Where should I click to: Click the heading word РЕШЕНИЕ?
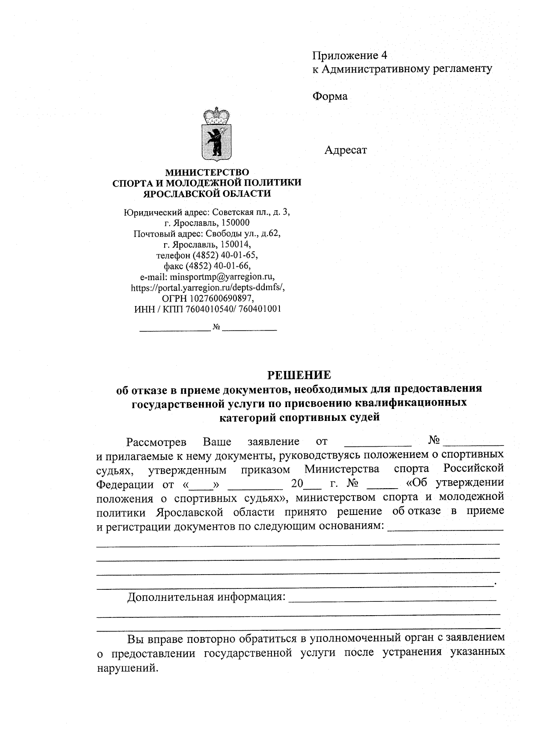tap(299, 374)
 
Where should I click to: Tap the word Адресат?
tap(345, 150)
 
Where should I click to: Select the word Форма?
tap(330, 96)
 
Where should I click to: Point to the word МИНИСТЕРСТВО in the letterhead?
tap(207, 172)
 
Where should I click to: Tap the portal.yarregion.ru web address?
tap(208, 287)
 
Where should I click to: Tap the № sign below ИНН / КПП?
tap(217, 327)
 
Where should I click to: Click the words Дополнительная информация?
tap(206, 597)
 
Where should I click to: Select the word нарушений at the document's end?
tap(127, 668)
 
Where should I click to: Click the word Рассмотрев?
tap(156, 442)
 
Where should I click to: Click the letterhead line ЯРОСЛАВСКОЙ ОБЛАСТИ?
tap(207, 193)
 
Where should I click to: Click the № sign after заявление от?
tap(434, 441)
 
